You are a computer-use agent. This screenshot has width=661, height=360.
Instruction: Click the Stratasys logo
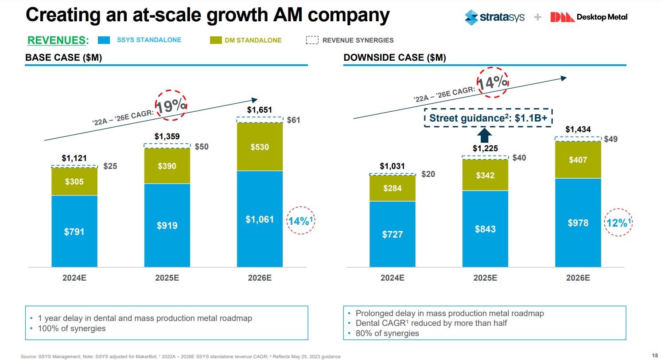494,17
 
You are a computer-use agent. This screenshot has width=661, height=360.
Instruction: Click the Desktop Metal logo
589,17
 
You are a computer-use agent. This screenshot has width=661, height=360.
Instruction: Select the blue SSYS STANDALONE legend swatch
103,40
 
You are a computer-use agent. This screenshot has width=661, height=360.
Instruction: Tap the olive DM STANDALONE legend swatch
216,40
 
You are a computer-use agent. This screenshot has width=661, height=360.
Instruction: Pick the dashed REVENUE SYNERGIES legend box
312,40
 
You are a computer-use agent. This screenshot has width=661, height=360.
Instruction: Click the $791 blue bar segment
74,231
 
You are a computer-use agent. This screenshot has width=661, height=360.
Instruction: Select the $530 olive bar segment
260,147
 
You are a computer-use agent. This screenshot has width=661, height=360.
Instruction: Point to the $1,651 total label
260,110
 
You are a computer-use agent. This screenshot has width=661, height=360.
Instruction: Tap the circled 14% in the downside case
492,82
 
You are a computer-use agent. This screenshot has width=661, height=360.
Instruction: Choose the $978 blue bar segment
578,223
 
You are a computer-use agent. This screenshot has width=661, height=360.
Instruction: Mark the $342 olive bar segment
486,175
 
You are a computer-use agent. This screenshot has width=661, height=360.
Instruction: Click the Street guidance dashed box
489,118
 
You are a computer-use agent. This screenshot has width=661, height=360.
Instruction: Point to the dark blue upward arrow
486,135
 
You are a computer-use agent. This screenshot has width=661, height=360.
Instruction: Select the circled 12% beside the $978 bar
617,223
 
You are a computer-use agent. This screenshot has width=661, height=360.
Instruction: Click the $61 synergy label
293,120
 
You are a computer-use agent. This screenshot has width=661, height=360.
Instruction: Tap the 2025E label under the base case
167,278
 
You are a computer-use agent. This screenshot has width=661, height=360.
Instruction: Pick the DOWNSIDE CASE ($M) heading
395,58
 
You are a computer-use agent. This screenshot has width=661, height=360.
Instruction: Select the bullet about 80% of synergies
387,333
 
